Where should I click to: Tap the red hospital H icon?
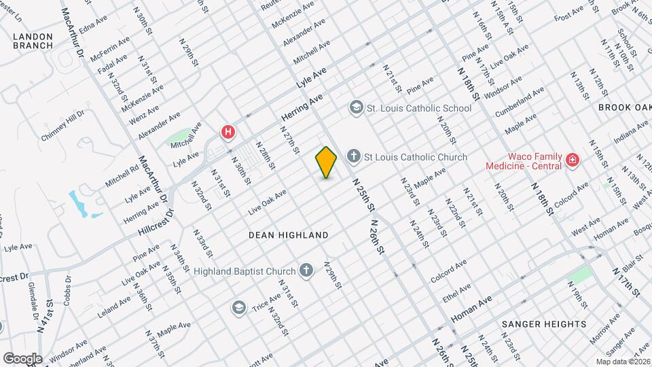(x=229, y=131)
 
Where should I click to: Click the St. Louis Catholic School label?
(x=418, y=108)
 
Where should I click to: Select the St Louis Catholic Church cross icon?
(x=353, y=157)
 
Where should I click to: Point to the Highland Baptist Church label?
(x=244, y=271)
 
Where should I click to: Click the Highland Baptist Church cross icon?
(x=306, y=271)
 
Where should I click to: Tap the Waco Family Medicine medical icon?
(x=573, y=160)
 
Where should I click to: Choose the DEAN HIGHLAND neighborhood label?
(x=288, y=235)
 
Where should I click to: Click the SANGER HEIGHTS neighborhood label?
(x=544, y=324)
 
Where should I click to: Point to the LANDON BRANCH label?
(x=33, y=40)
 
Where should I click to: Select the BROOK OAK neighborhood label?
(x=625, y=107)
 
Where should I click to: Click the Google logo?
(x=22, y=358)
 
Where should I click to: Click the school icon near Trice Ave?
(x=238, y=308)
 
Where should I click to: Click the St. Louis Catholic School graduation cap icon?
(x=356, y=107)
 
